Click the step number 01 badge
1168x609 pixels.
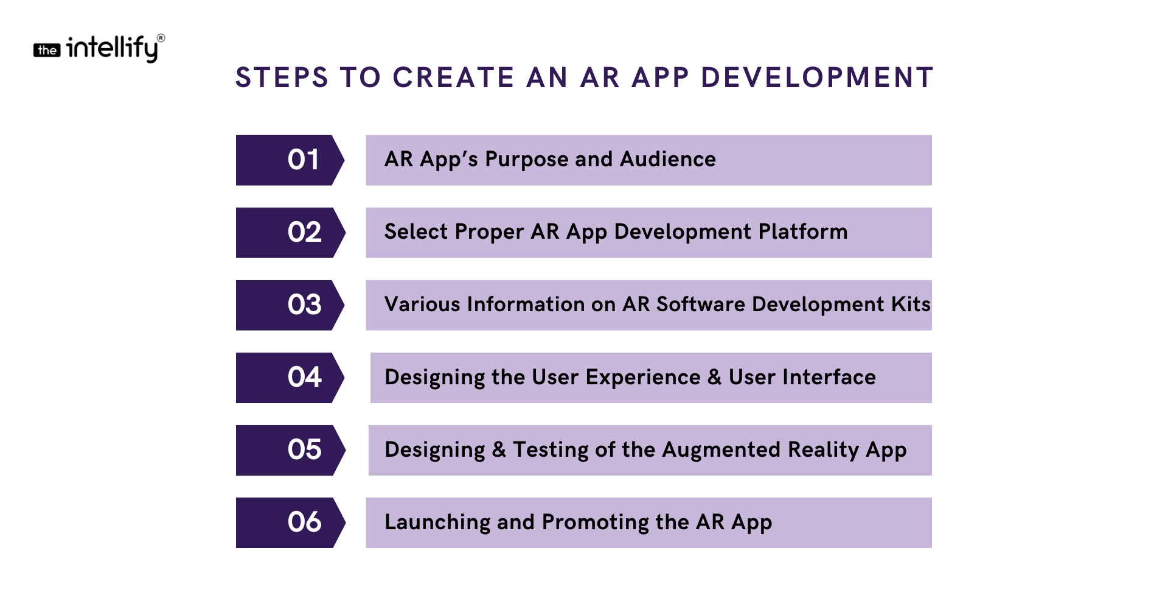click(290, 160)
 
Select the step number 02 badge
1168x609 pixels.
click(290, 233)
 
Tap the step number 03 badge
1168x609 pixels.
click(290, 305)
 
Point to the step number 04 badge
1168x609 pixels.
click(290, 378)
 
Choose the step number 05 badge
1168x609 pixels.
click(290, 450)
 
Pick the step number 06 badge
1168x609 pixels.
click(290, 523)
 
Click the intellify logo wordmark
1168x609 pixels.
click(112, 48)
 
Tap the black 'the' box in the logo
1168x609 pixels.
click(47, 51)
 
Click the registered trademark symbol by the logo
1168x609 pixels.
click(161, 38)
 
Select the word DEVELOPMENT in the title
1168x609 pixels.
click(817, 78)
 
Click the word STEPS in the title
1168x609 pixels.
click(282, 78)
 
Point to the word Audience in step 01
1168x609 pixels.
click(668, 159)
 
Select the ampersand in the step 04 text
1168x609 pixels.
click(715, 377)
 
